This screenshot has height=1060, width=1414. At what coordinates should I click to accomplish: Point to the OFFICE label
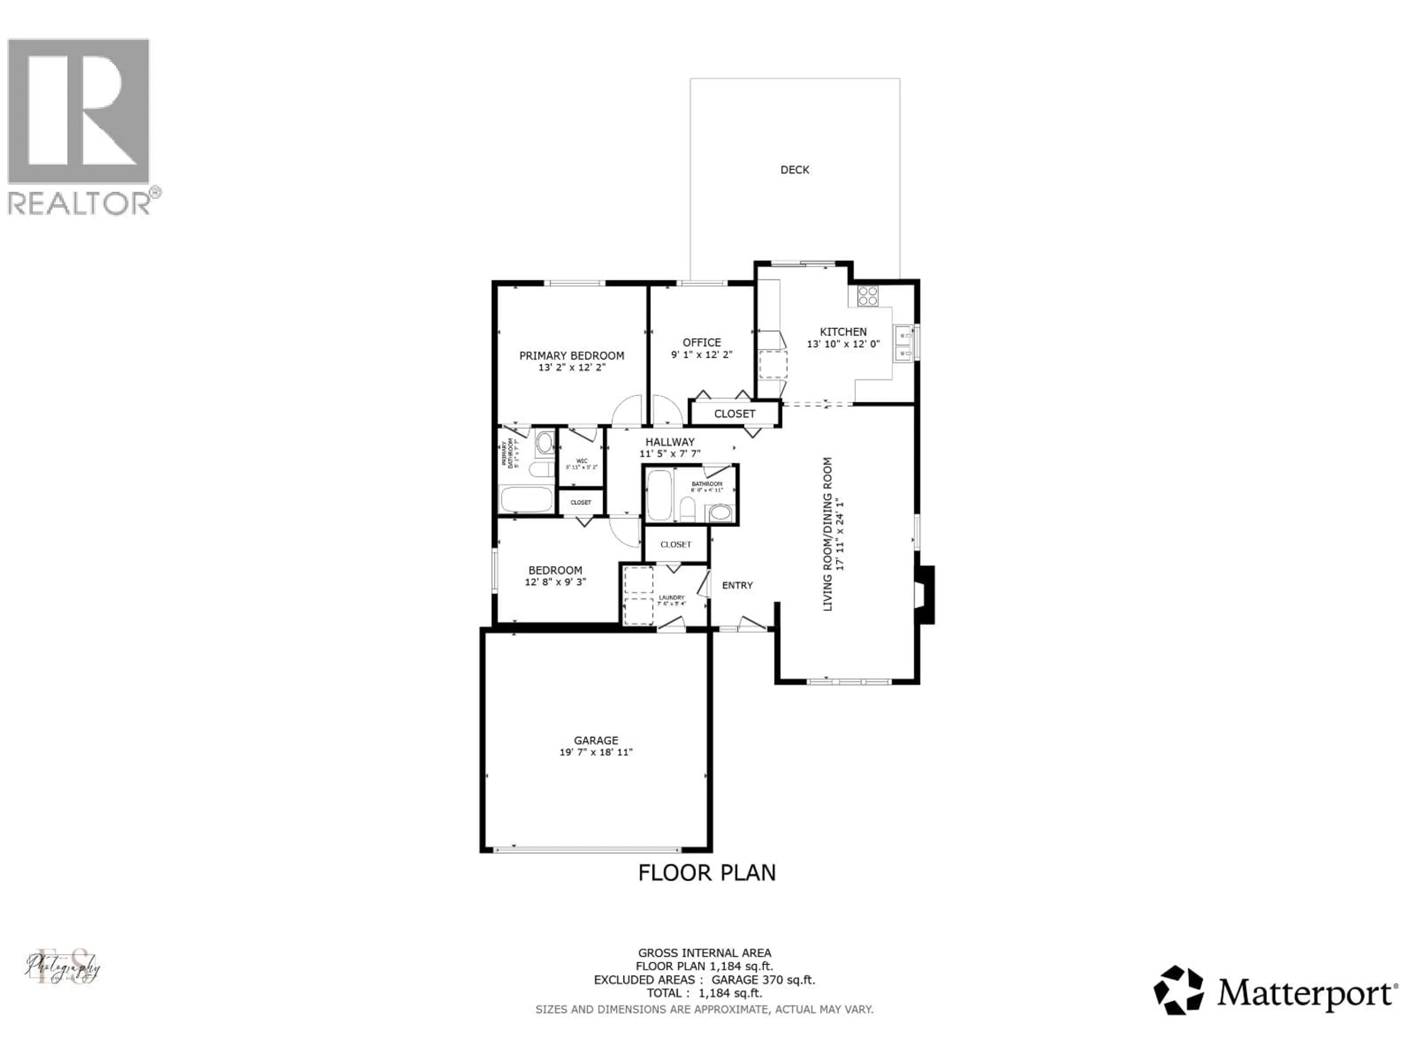(x=701, y=342)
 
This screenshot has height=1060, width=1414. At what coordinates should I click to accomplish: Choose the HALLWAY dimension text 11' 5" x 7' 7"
(x=670, y=454)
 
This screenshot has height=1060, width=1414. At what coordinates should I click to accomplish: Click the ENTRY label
(x=737, y=585)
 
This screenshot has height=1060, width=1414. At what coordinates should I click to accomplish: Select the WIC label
(x=581, y=461)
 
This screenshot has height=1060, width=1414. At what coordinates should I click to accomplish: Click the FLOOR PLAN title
(x=706, y=873)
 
